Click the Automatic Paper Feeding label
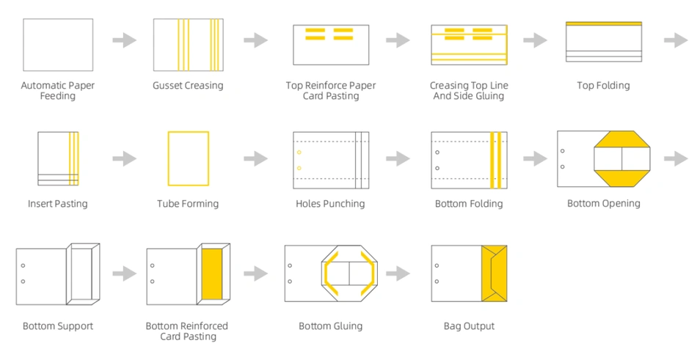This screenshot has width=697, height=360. [58, 91]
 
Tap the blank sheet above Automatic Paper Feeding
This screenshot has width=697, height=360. [58, 45]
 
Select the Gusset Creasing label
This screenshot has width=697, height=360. [188, 85]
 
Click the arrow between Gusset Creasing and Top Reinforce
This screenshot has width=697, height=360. [255, 40]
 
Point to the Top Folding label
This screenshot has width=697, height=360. [603, 85]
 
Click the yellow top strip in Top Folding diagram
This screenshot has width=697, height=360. [604, 23]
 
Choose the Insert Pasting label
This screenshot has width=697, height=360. [58, 204]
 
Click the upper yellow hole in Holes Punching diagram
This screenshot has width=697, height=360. [299, 153]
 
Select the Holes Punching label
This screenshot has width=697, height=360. [330, 204]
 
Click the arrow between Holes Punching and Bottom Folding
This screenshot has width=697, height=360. [398, 158]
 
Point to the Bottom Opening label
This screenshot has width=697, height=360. [604, 204]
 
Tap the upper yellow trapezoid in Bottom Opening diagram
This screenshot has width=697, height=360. [622, 139]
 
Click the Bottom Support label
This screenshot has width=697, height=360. [58, 326]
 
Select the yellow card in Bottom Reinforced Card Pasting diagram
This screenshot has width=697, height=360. [212, 273]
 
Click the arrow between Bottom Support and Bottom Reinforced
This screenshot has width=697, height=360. [125, 273]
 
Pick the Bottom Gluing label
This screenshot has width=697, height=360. [330, 326]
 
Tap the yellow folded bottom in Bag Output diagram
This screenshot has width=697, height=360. [495, 273]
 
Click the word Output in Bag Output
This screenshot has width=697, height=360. [480, 326]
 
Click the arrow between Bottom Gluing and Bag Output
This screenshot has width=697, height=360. [398, 273]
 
